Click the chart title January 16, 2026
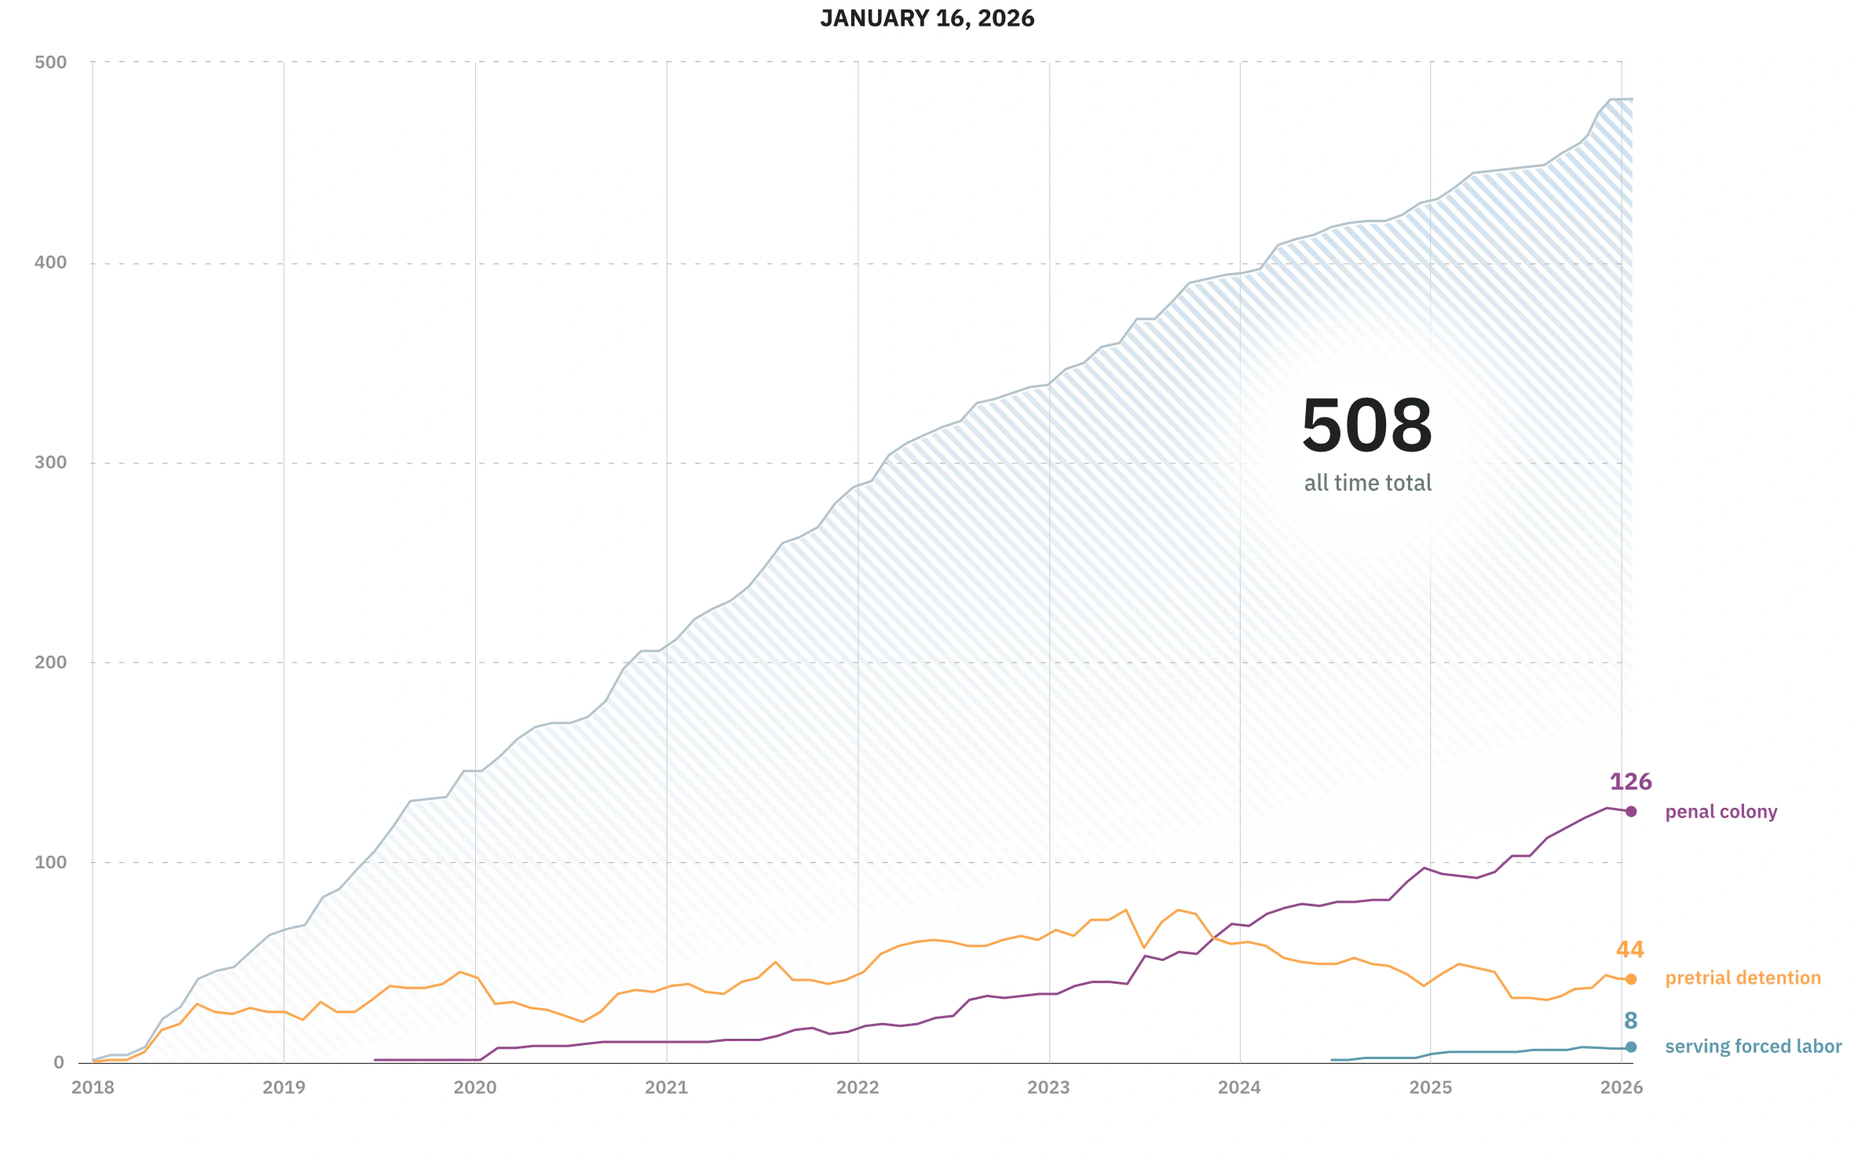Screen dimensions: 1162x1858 tap(927, 19)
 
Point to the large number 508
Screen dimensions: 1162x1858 tap(1366, 426)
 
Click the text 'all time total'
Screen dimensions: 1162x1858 tap(1368, 483)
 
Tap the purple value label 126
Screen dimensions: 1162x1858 tap(1630, 782)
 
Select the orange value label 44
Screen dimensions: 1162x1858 tap(1629, 950)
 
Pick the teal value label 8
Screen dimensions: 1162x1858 tap(1630, 1021)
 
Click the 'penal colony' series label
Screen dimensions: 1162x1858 tap(1721, 812)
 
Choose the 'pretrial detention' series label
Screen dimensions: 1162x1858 tap(1743, 978)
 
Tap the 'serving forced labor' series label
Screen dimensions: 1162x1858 tap(1753, 1047)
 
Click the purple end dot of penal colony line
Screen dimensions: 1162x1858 tap(1631, 812)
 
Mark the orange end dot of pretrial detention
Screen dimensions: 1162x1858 tap(1631, 979)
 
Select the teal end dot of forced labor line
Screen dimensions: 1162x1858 tap(1631, 1047)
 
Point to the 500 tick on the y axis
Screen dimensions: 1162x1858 tap(51, 63)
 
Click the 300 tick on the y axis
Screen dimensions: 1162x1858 tap(51, 462)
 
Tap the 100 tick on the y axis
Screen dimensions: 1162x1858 tap(51, 862)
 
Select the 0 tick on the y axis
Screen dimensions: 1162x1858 tap(59, 1063)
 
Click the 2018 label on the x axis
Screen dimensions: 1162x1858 tap(93, 1087)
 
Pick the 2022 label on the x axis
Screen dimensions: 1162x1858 tap(858, 1087)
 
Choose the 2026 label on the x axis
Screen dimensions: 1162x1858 tap(1622, 1087)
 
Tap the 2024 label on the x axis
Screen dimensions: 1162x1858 tap(1239, 1087)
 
